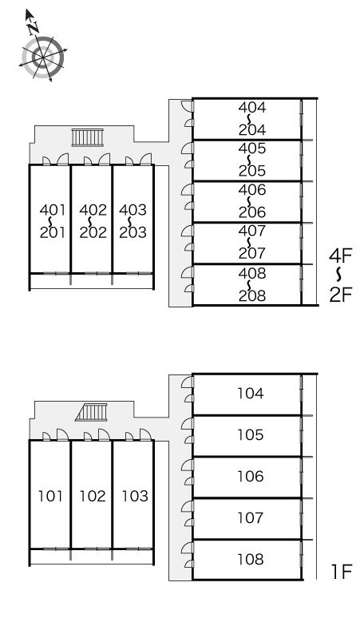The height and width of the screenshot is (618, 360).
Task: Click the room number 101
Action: click(51, 496)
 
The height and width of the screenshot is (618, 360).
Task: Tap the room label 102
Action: click(93, 496)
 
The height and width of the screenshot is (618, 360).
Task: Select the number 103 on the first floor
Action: click(135, 496)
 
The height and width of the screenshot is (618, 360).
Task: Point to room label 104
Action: click(251, 393)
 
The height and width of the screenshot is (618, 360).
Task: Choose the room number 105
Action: click(251, 434)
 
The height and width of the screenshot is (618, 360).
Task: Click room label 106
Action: click(251, 476)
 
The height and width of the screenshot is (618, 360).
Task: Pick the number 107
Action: click(251, 517)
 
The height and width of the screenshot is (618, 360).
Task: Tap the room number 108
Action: click(251, 559)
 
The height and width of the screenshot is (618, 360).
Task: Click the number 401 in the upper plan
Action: click(53, 210)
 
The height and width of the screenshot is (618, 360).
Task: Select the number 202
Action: click(93, 232)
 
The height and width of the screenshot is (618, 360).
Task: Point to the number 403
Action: click(133, 210)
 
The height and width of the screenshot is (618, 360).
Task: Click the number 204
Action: click(252, 129)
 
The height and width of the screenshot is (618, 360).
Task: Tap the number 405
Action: click(252, 149)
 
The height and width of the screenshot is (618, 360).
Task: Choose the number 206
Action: click(252, 212)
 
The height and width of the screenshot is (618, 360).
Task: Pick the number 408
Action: click(252, 273)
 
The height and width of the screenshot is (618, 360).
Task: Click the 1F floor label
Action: click(342, 572)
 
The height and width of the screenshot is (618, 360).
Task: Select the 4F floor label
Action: click(341, 256)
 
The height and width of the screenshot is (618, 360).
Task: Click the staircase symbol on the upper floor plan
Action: click(88, 137)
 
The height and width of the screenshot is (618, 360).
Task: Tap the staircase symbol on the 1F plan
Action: click(91, 412)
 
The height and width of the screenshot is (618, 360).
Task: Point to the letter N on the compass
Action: click(34, 27)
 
